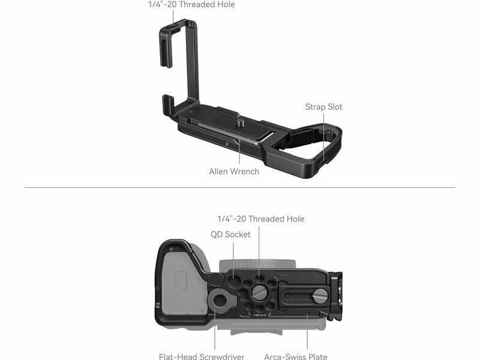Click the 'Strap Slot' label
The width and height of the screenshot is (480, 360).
pyautogui.click(x=323, y=107)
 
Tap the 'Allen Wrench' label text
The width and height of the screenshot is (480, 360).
pyautogui.click(x=234, y=172)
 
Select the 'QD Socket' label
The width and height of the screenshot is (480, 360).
pyautogui.click(x=230, y=235)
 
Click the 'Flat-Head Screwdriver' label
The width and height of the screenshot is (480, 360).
pyautogui.click(x=202, y=356)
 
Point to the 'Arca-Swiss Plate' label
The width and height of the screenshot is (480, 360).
pyautogui.click(x=296, y=356)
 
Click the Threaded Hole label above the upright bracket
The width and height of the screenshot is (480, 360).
pyautogui.click(x=191, y=4)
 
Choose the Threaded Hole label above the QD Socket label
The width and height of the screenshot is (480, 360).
pyautogui.click(x=261, y=219)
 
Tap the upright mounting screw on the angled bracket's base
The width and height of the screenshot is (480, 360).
pyautogui.click(x=239, y=124)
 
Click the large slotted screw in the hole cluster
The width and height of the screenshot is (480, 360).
pyautogui.click(x=259, y=293)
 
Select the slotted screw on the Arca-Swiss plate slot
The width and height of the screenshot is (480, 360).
pyautogui.click(x=320, y=296)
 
